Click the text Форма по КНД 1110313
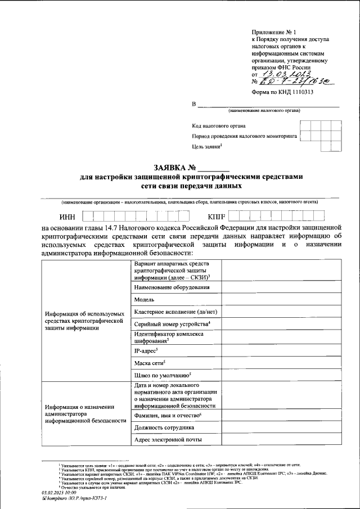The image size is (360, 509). pyautogui.click(x=281, y=93)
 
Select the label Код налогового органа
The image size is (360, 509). pyautogui.click(x=219, y=126)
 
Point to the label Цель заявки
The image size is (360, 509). pyautogui.click(x=207, y=147)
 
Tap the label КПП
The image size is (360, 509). pyautogui.click(x=216, y=217)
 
